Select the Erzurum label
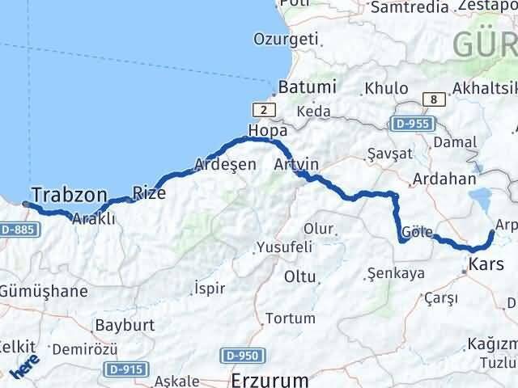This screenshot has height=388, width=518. [270, 378]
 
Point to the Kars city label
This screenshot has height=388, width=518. [486, 264]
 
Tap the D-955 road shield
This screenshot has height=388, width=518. [414, 124]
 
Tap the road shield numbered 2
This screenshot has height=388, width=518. [264, 110]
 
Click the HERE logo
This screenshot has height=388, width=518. [25, 368]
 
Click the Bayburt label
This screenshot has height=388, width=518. [118, 325]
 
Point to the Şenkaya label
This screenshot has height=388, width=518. [396, 273]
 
